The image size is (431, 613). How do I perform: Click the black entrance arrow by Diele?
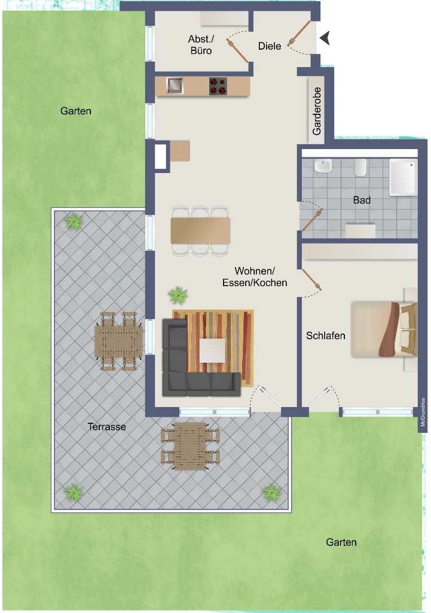tap(325, 38)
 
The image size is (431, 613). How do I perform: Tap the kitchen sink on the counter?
tap(175, 86)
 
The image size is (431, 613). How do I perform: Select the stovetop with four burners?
tap(218, 86)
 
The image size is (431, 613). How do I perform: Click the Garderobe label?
tap(317, 111)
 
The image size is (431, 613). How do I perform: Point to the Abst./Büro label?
tap(201, 44)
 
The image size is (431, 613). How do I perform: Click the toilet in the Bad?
tap(360, 168)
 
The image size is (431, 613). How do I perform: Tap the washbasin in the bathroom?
tap(323, 166)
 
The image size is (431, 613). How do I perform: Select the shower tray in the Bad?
tap(404, 177)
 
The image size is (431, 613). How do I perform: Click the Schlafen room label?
tap(326, 335)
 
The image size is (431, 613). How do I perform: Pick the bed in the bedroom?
tap(383, 329)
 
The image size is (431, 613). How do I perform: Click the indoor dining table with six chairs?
tap(200, 230)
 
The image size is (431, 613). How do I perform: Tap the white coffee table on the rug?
tap(212, 350)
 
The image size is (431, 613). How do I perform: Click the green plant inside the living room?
tap(178, 295)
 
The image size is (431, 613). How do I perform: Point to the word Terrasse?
tap(106, 426)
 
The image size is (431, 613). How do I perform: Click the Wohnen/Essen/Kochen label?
tap(255, 277)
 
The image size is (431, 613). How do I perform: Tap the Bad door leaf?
tap(312, 220)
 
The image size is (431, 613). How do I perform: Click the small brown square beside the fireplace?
tap(180, 151)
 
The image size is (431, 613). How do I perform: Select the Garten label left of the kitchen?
tap(76, 111)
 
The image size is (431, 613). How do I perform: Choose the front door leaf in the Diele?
tap(299, 34)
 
